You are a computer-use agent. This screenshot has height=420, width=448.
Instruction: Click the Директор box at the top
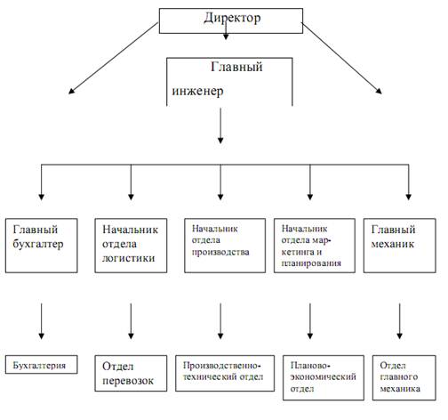point(231,20)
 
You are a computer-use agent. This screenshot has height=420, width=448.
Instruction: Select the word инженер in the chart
point(197,91)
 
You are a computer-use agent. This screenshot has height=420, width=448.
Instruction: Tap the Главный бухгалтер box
point(42,246)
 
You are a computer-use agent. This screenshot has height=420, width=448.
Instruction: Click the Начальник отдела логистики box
point(131,246)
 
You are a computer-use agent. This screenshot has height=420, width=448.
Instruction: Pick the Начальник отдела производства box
point(225,246)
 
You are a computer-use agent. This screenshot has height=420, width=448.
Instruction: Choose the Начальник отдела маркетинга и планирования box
point(315,246)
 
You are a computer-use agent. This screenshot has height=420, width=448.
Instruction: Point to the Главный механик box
point(400,246)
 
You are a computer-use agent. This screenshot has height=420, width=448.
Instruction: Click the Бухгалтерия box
point(42,365)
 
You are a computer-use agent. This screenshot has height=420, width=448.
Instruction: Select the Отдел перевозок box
point(131,374)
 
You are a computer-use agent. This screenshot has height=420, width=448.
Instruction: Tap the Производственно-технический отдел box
point(225,374)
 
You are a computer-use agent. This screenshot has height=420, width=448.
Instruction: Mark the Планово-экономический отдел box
point(324,378)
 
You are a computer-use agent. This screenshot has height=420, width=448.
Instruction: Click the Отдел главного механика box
point(404,378)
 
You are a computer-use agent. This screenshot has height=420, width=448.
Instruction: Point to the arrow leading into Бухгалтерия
point(42,321)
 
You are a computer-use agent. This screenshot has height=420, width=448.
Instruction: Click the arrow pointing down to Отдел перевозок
point(131,321)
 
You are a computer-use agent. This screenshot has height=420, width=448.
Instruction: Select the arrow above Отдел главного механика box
point(400,321)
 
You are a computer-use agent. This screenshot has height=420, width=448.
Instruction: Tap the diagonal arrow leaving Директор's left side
point(113,59)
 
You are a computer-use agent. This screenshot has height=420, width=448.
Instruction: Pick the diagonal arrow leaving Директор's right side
point(342,59)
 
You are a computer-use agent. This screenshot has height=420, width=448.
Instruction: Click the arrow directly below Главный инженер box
point(220,126)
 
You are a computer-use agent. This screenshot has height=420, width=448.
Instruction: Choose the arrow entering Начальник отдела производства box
point(220,182)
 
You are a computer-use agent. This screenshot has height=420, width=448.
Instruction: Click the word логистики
point(128,258)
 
